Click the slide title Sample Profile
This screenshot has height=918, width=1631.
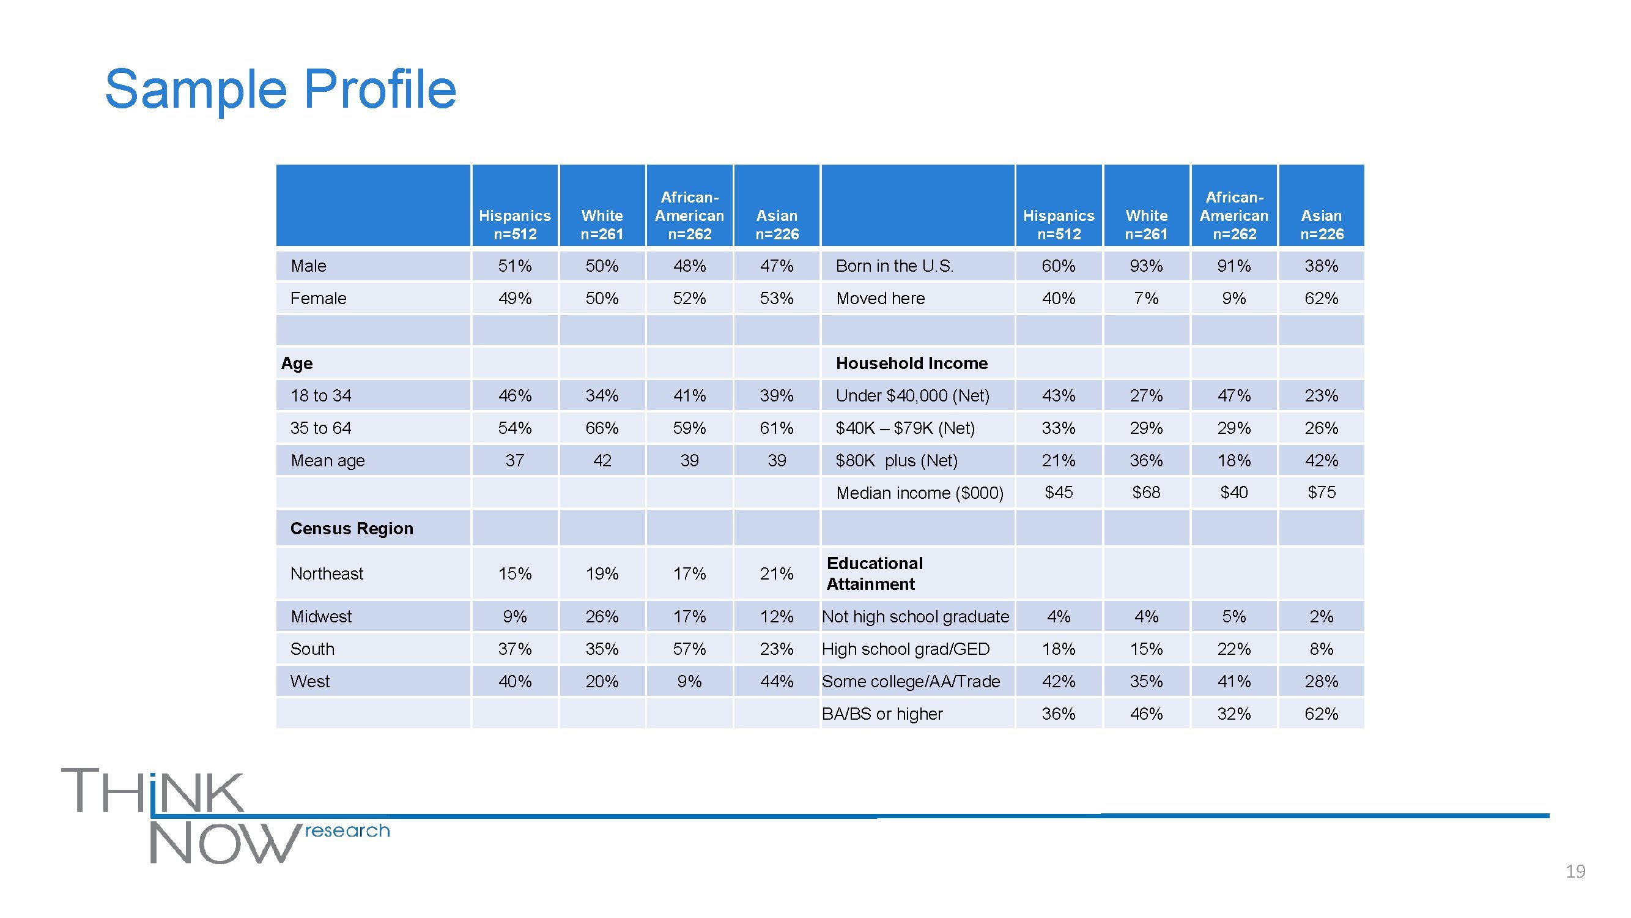coord(280,89)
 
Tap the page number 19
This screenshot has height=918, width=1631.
coord(1575,871)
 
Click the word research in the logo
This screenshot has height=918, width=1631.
coord(347,830)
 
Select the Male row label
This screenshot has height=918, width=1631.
coord(308,266)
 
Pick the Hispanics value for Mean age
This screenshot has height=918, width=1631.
coord(514,461)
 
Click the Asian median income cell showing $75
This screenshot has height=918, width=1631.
coord(1322,492)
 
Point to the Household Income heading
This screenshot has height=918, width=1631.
coord(911,363)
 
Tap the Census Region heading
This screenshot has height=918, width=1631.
coord(352,528)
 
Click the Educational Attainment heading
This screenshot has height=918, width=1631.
coord(874,573)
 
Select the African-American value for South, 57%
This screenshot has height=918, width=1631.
coord(689,649)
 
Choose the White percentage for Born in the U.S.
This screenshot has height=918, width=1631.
coord(1146,266)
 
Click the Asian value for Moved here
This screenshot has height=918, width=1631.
coord(1322,299)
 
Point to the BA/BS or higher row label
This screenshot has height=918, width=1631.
coord(882,714)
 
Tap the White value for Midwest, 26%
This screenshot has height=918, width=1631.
coord(602,616)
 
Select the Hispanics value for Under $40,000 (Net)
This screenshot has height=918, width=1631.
coord(1059,396)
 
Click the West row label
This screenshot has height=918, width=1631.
coord(309,682)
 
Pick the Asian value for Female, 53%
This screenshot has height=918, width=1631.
coord(776,299)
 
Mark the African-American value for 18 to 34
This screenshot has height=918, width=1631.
coord(689,396)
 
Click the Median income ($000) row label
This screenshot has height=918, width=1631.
coord(919,493)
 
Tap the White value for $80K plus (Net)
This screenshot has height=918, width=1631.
coord(1146,461)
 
